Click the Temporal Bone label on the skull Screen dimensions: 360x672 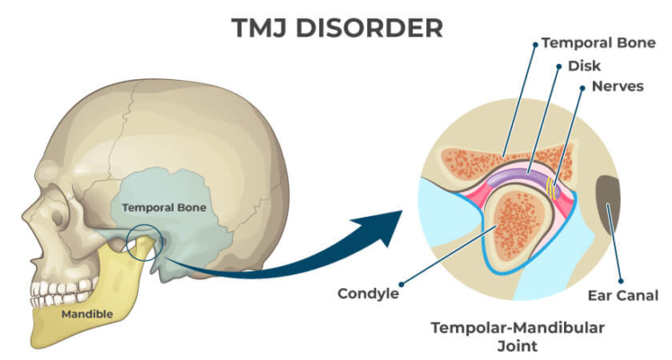(x=165, y=207)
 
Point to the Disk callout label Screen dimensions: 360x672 (x=585, y=66)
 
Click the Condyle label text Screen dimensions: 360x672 (x=369, y=293)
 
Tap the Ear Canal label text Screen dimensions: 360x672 (x=623, y=294)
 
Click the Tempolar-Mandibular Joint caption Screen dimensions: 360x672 (x=503, y=335)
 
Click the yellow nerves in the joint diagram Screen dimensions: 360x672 (x=551, y=186)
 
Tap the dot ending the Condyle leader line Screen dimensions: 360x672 (x=491, y=229)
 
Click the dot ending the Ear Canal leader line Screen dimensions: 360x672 (x=613, y=207)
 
